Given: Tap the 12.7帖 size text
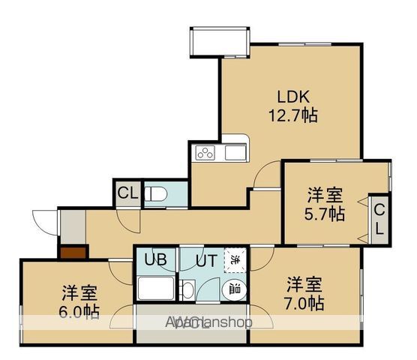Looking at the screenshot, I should (x=293, y=116).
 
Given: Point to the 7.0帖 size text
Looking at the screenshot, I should (x=304, y=304).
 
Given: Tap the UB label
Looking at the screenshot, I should (x=156, y=262).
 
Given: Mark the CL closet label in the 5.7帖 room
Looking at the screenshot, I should (x=380, y=218).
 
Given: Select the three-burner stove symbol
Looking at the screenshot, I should (x=205, y=154).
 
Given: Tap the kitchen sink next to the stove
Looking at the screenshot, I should (x=233, y=154).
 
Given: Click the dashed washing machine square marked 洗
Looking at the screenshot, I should (x=235, y=260).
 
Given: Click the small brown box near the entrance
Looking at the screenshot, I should (x=73, y=253).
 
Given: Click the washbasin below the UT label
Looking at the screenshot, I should (x=188, y=290).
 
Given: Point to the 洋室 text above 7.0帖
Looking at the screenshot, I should (x=304, y=286).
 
